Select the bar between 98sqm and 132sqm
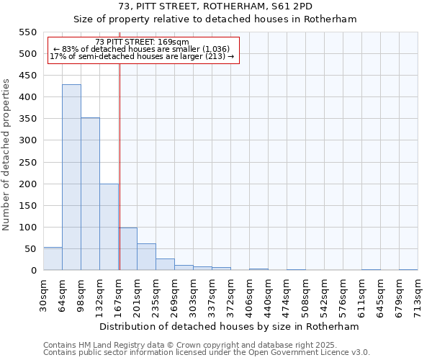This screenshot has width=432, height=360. click(x=90, y=194)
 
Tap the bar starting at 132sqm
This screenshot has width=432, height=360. click(x=109, y=227)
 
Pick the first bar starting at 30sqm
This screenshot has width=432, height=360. click(x=53, y=258)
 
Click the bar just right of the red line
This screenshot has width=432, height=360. click(x=128, y=249)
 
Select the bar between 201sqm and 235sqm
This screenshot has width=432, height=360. click(x=146, y=257)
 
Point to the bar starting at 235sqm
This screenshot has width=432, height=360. click(x=165, y=264)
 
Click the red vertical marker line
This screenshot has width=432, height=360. click(x=120, y=166)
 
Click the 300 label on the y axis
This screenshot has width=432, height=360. click(x=27, y=140)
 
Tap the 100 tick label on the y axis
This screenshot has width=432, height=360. click(x=27, y=228)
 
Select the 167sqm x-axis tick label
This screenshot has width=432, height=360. click(x=118, y=295)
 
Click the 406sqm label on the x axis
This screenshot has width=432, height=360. click(x=249, y=295)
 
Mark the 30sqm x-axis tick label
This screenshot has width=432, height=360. click(x=43, y=295)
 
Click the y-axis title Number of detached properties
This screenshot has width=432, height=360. click(x=6, y=154)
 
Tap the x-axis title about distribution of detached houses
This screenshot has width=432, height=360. click(x=229, y=326)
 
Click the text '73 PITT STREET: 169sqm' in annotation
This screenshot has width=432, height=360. click(x=142, y=42)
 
